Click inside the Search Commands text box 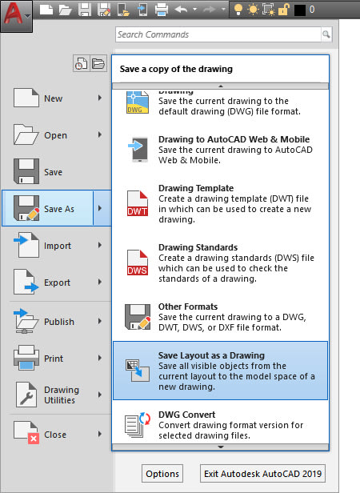(216, 35)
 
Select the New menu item (53, 98)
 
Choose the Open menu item (55, 135)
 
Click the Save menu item (53, 172)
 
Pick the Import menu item (57, 246)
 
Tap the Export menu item (57, 283)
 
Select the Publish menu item (58, 322)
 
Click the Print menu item (54, 359)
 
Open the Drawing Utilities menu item (61, 395)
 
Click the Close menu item (55, 435)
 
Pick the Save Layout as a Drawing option (219, 371)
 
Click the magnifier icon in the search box (326, 35)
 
